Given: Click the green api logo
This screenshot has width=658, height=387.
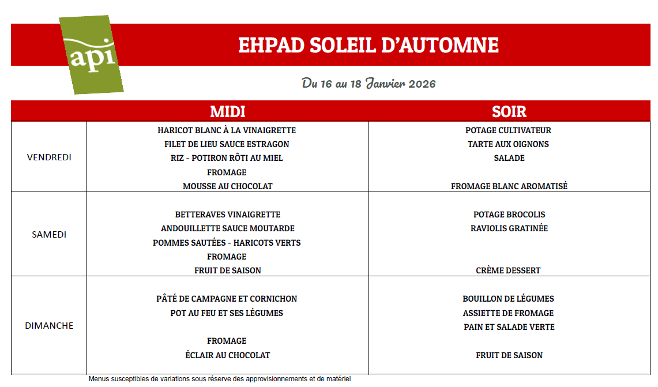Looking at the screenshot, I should click(x=91, y=55).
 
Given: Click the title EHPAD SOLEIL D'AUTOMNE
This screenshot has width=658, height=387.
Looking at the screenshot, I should click(x=369, y=45).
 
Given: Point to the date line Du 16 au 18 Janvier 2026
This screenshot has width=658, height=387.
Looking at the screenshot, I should click(x=369, y=84).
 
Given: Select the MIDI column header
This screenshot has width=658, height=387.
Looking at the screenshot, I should click(x=227, y=111).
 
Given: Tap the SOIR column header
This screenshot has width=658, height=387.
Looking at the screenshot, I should click(x=509, y=111).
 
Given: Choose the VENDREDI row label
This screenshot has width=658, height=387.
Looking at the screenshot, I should click(x=49, y=157).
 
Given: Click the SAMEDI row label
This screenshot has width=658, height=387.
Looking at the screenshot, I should click(x=49, y=234).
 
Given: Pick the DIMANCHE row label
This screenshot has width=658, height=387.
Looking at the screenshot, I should click(x=49, y=325).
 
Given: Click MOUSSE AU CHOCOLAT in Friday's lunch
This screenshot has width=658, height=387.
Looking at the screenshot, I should click(x=227, y=186).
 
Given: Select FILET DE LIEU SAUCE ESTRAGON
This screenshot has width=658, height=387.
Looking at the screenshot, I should click(x=227, y=144).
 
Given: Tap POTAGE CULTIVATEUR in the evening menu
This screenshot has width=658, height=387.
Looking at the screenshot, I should click(x=508, y=130).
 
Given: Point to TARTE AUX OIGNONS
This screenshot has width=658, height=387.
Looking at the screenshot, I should click(x=508, y=144).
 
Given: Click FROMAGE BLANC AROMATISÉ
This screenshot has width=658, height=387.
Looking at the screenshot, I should click(x=509, y=186).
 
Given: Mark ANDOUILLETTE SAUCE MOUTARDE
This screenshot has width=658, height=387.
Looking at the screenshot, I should click(x=228, y=228).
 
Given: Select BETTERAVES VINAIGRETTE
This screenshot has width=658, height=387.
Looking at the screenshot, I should click(x=228, y=215).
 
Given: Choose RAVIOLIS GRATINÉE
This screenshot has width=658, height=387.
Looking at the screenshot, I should click(x=509, y=228).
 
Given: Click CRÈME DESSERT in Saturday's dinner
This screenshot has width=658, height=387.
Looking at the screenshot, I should click(x=508, y=270).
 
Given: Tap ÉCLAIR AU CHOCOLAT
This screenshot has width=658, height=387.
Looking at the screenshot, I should click(x=227, y=355).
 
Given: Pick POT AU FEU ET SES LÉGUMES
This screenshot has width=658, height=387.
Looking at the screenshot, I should click(x=227, y=313).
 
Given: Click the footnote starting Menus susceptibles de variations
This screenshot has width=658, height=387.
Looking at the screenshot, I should click(x=219, y=379).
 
